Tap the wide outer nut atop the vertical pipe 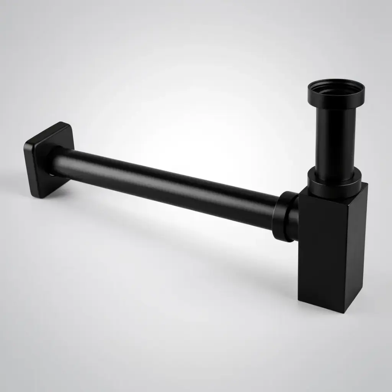336,98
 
